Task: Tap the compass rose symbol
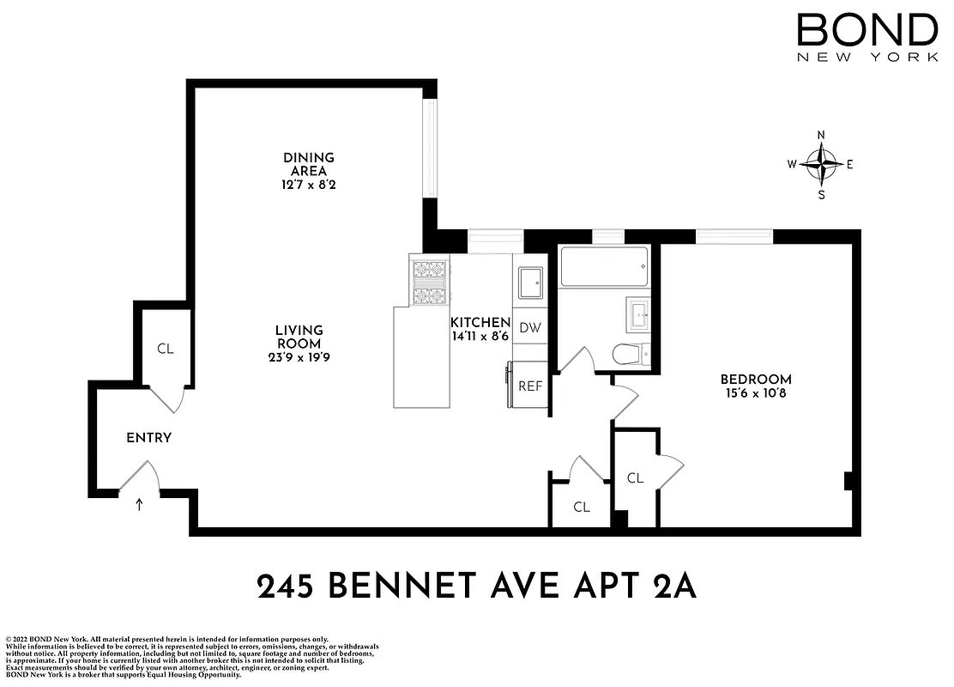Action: (x=822, y=165)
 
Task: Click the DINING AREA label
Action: (x=309, y=164)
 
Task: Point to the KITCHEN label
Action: (x=480, y=323)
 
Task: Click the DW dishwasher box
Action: (x=530, y=327)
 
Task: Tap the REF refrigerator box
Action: (x=530, y=386)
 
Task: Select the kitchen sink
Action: (x=530, y=281)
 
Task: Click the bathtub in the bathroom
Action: (x=604, y=267)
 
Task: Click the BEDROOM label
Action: (x=755, y=380)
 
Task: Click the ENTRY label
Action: (x=149, y=438)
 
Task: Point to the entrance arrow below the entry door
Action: (x=139, y=504)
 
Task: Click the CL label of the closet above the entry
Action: (x=165, y=350)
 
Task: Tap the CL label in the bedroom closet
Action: (x=635, y=478)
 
